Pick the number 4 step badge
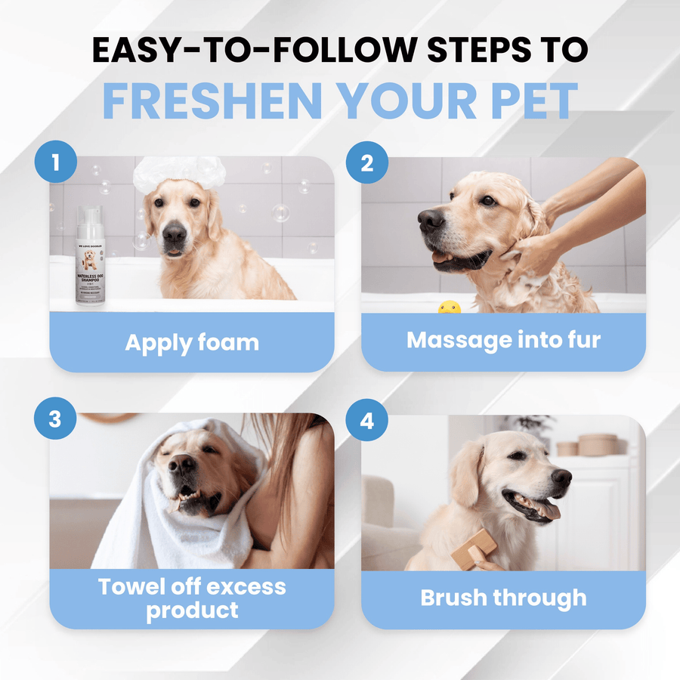[x=367, y=420]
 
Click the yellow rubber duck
[x=450, y=307]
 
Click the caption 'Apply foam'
[x=192, y=342]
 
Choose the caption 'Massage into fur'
[x=503, y=340]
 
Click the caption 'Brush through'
[x=503, y=598]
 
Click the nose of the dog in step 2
[x=431, y=220]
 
